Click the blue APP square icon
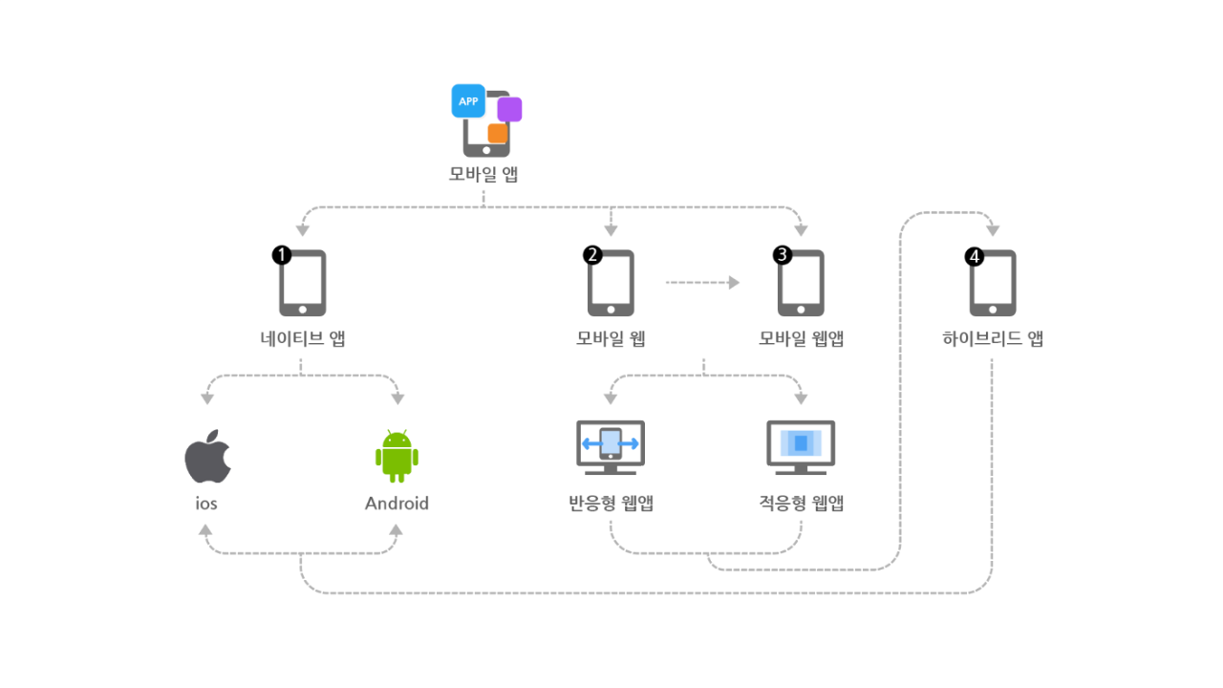[468, 101]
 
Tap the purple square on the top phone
[509, 109]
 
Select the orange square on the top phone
[498, 133]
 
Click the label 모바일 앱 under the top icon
[483, 174]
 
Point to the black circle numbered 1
[282, 255]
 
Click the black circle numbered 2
[592, 255]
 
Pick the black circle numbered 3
[783, 255]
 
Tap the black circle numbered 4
[975, 257]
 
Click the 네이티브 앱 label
[303, 338]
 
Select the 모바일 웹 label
[611, 338]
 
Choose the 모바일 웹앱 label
[801, 338]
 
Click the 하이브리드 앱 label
[993, 338]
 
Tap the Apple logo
[208, 456]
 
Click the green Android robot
[397, 457]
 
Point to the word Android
[397, 504]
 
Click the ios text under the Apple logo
[206, 504]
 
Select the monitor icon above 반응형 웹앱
[611, 448]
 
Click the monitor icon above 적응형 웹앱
[801, 448]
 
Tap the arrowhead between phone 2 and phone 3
[735, 282]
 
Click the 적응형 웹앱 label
[801, 503]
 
